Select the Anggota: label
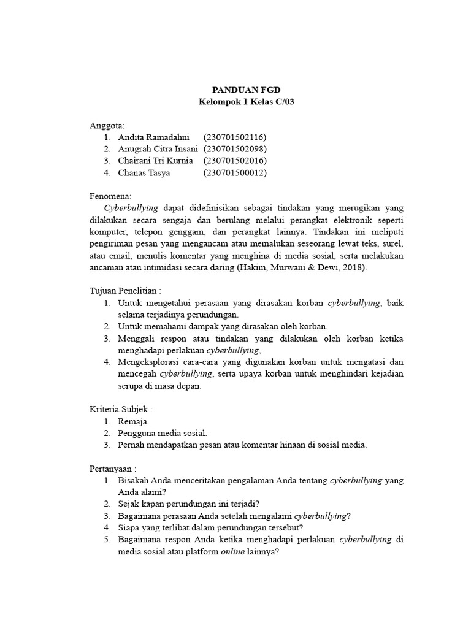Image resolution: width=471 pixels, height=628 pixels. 107,125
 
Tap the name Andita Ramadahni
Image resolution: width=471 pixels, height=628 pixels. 154,137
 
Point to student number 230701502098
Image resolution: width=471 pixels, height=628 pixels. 235,148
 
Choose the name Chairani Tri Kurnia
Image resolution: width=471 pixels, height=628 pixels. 156,161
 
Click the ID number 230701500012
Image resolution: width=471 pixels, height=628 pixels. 235,172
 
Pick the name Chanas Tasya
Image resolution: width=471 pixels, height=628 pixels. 144,172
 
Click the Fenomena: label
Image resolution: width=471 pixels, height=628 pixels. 111,196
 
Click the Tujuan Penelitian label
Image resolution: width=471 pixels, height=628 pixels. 125,291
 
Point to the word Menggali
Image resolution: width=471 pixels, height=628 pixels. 136,339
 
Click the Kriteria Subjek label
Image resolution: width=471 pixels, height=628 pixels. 121,410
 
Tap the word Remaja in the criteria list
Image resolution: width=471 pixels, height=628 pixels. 133,421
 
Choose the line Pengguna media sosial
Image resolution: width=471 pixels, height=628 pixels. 163,433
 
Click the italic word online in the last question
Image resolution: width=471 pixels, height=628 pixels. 233,551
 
